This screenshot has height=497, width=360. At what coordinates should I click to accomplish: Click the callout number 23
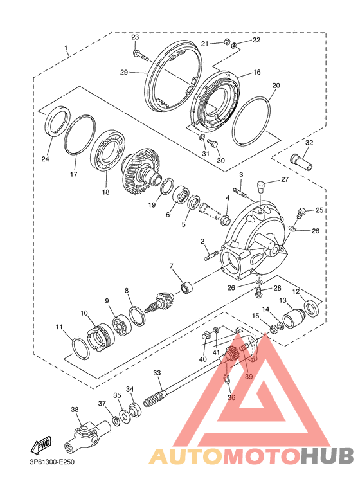tap(135, 37)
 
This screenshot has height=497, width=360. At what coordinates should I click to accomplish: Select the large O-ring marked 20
tap(251, 120)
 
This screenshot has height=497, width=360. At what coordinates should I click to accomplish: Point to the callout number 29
tap(124, 72)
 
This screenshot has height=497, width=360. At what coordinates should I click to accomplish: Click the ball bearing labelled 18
tap(108, 150)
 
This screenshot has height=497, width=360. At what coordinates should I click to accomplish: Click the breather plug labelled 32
tap(301, 161)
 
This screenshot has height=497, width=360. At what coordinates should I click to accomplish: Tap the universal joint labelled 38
tap(87, 434)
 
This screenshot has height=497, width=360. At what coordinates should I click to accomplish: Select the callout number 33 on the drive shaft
tap(157, 373)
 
